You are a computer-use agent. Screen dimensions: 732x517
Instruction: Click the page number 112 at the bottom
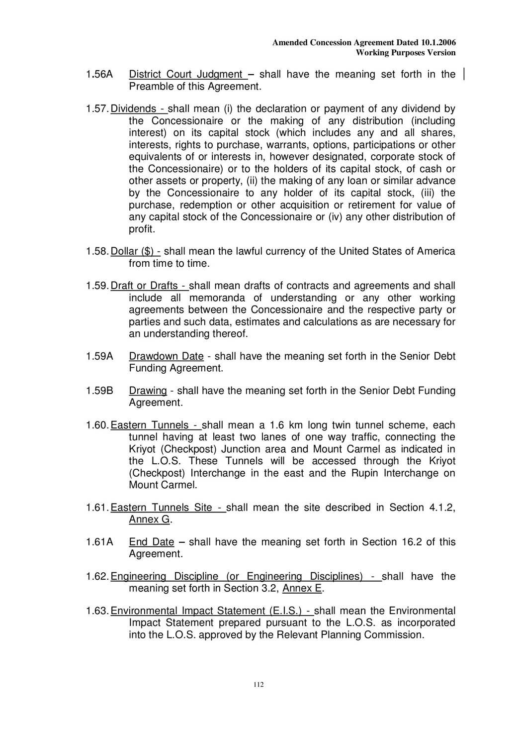pos(258,685)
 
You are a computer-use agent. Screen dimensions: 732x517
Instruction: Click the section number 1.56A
pos(99,75)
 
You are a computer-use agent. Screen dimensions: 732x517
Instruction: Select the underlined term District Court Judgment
pos(186,75)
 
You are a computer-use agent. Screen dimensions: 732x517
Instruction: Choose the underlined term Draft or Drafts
pos(145,286)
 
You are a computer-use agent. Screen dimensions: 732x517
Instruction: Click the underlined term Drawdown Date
pos(166,356)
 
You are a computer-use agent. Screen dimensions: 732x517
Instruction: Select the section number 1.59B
pos(99,391)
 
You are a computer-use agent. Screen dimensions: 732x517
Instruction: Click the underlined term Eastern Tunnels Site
pos(162,508)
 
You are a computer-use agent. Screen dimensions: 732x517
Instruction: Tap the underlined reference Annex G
pos(149,520)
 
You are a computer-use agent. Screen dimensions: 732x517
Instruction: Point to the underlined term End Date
pos(152,542)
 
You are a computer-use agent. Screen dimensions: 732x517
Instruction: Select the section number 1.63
pos(96,611)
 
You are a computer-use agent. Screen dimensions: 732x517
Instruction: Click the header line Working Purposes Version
pos(406,53)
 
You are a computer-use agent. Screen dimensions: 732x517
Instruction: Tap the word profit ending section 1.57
pos(142,229)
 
